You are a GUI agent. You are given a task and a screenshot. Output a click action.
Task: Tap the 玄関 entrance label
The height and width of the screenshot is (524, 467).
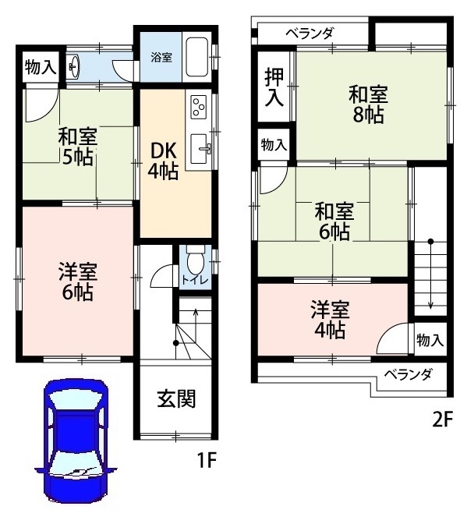click(175, 398)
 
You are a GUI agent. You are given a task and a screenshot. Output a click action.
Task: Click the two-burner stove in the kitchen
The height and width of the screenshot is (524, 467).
click(197, 106)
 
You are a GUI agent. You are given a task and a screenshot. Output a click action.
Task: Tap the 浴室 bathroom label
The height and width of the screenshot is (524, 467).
click(162, 57)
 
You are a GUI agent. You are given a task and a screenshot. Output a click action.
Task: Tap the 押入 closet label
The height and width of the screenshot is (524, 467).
click(274, 87)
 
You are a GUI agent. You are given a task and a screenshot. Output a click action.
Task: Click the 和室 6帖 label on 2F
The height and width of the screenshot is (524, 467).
click(333, 221)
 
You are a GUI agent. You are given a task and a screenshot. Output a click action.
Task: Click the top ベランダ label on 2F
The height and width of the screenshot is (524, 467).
click(310, 34)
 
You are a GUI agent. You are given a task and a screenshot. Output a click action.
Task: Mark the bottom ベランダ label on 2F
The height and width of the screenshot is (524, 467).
click(410, 375)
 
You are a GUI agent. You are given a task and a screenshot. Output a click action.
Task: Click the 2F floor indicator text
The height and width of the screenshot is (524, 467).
click(443, 420)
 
